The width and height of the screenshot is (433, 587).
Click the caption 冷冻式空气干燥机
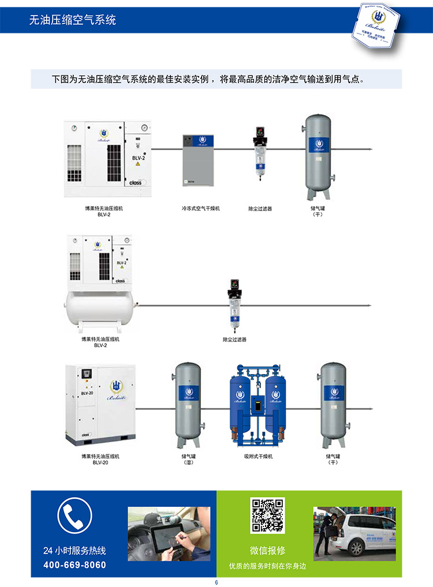click(200, 208)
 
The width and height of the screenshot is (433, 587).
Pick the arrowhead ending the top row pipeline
click(371, 149)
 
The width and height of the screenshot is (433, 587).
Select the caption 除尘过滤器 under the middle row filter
click(234, 340)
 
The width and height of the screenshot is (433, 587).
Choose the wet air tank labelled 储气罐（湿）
click(188, 404)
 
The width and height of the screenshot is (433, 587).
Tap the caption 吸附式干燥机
click(257, 456)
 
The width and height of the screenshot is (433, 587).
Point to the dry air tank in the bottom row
click(333, 404)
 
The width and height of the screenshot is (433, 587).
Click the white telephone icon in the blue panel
click(74, 514)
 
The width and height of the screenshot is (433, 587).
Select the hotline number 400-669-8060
click(74, 565)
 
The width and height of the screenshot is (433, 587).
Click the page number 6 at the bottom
click(216, 582)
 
